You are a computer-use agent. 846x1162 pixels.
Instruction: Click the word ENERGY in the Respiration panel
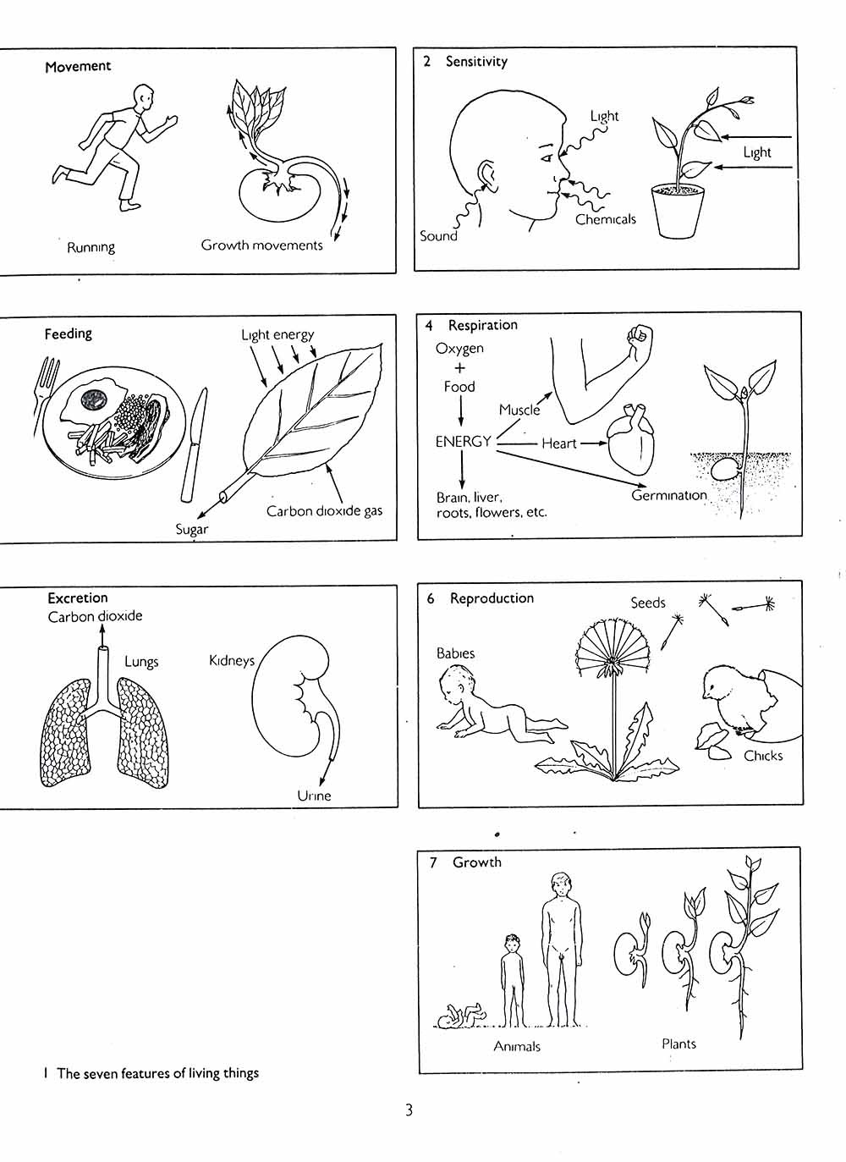coord(463,442)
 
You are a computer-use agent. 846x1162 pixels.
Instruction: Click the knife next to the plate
coord(194,445)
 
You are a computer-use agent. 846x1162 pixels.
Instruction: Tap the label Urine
coord(314,796)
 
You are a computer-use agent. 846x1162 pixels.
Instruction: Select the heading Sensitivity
coord(476,62)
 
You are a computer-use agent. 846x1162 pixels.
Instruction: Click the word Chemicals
coord(606,219)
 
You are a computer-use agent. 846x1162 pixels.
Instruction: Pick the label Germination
coord(669,495)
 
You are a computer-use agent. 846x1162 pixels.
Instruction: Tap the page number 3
coord(409,1110)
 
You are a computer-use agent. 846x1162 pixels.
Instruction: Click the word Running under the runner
coord(91,247)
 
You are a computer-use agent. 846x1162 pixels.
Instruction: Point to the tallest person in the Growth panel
coord(563,950)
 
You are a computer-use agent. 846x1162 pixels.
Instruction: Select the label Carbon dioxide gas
coord(324,511)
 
